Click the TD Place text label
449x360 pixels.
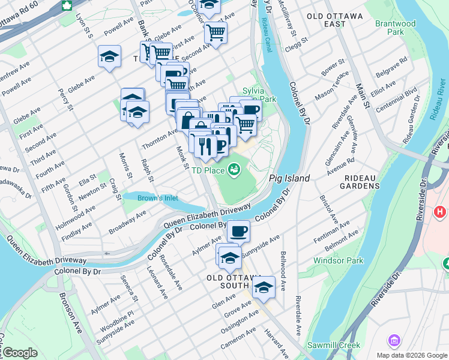click(207, 170)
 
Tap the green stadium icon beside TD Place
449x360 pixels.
click(234, 171)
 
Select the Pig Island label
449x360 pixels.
click(289, 178)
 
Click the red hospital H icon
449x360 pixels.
click(441, 212)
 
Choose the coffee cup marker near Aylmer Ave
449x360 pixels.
click(238, 231)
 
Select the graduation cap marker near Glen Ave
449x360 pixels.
click(264, 287)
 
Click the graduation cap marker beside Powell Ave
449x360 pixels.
click(110, 57)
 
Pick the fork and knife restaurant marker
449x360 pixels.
click(205, 146)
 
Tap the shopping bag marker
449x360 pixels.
click(188, 118)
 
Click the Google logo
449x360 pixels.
click(20, 353)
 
